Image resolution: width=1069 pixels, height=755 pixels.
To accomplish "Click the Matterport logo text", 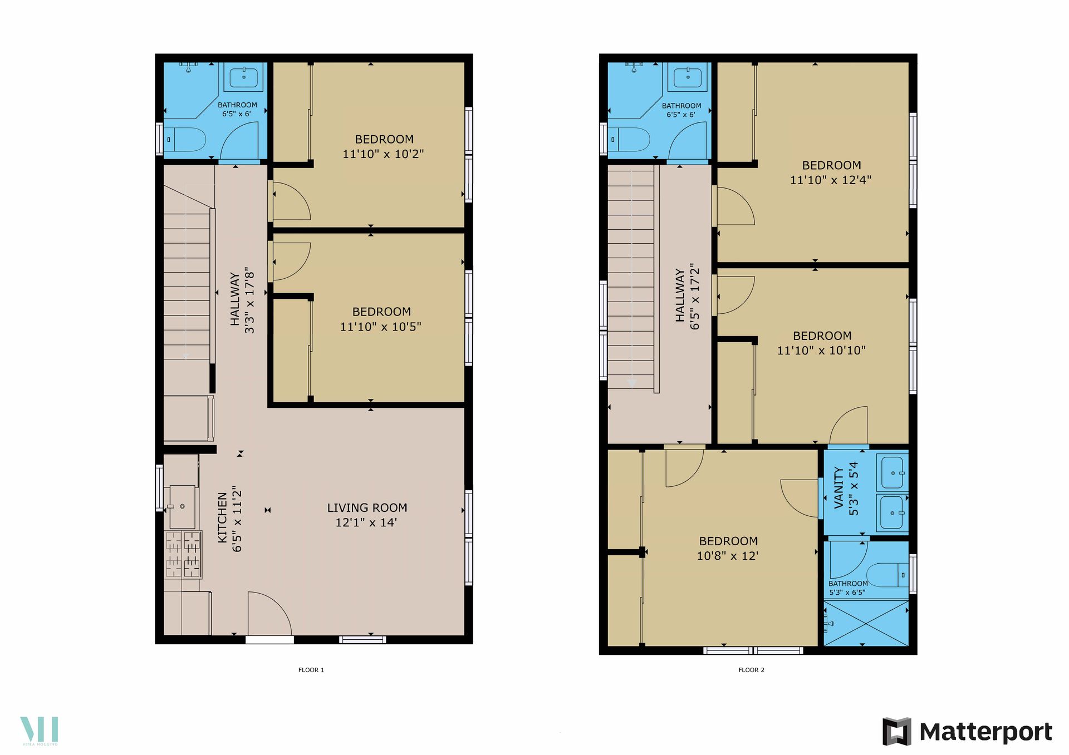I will tap(985, 732).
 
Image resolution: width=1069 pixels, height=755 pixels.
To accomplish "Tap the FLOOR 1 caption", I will tap(311, 670).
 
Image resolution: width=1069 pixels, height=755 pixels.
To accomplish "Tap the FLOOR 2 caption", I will tap(751, 670).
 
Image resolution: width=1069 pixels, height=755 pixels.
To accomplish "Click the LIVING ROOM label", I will tap(367, 507).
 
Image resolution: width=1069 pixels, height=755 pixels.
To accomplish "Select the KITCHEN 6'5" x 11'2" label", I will tap(229, 519).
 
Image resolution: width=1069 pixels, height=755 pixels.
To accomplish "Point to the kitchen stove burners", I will tap(183, 554).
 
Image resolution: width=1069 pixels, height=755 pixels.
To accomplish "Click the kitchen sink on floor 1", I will tap(183, 506).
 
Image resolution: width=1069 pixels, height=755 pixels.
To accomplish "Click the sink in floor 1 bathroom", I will tap(244, 77).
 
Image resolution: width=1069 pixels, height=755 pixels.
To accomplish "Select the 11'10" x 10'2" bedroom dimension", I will tap(383, 154).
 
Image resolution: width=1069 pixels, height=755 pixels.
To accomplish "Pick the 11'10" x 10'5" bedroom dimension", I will tap(380, 327).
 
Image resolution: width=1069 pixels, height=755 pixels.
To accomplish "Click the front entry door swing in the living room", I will tap(269, 613).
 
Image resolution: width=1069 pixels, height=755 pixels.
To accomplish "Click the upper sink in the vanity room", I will tap(891, 472).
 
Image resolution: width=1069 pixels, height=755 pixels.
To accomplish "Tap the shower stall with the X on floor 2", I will tap(866, 623).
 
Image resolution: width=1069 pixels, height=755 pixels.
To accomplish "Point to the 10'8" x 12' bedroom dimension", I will tap(727, 556).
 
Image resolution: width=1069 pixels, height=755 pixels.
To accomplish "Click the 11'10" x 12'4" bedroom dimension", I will tap(830, 180).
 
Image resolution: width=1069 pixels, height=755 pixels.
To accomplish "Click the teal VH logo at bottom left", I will tap(40, 731).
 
